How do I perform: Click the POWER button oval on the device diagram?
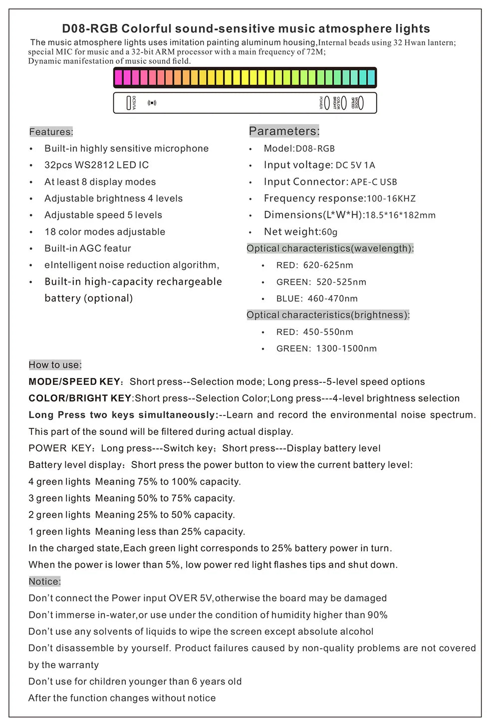327,103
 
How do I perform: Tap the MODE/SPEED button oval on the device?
360,103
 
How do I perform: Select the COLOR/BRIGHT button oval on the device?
343,103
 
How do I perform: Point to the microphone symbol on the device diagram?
152,103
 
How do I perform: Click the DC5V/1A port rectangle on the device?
129,103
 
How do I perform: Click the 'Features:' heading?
51,132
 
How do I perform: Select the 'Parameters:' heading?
284,131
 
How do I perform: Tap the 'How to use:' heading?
55,364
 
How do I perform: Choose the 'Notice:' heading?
44,581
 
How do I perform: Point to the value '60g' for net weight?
329,232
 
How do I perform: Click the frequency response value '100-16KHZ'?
391,198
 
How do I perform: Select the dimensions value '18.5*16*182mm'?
400,215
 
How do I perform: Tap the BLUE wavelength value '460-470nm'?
332,298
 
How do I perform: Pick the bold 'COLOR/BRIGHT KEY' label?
80,398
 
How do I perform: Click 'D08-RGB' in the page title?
90,28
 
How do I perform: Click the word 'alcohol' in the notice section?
356,631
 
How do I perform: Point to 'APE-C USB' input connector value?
374,182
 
